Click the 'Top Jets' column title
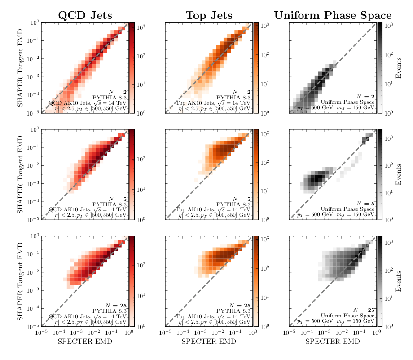[x=209, y=15]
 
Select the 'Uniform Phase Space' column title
[x=333, y=15]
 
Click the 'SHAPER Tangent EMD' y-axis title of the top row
[x=20, y=67]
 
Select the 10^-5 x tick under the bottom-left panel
[x=41, y=332]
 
